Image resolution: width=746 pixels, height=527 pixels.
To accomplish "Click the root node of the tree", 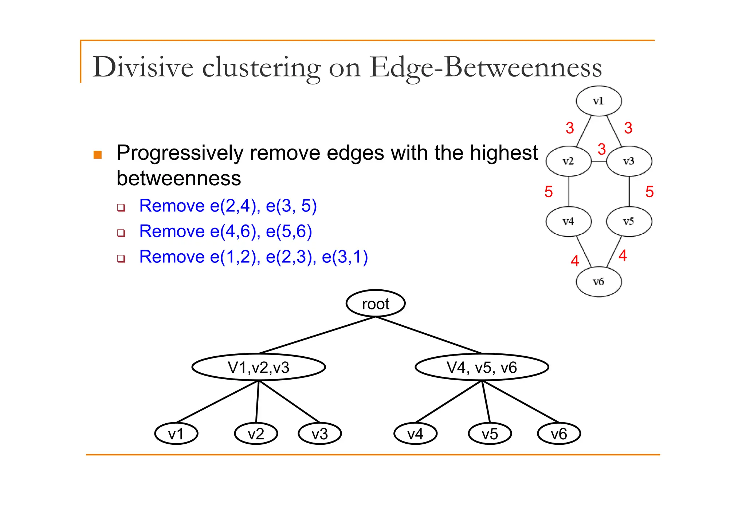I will tap(375, 304).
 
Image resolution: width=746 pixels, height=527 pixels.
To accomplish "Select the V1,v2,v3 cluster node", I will tap(258, 367).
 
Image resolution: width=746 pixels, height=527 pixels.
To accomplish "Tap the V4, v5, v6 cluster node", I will tap(482, 367).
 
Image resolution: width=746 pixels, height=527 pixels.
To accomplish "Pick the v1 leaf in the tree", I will tap(176, 434).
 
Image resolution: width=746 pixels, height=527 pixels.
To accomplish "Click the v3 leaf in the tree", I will tap(319, 434).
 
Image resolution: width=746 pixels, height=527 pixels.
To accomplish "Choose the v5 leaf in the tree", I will tap(490, 434).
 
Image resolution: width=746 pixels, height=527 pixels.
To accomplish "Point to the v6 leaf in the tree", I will tap(559, 434).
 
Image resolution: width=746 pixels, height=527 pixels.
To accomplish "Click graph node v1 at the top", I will tap(598, 101).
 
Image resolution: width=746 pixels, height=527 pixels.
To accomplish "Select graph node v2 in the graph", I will tap(568, 161).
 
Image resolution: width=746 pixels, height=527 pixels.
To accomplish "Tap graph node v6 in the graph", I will tap(598, 282).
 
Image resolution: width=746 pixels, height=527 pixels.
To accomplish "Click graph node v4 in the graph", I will tap(568, 221).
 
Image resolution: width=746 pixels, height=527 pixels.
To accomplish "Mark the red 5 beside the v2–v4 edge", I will tap(549, 192).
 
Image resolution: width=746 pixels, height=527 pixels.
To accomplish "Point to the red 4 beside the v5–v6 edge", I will tap(623, 255).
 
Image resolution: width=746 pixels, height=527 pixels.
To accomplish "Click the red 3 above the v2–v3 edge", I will tap(601, 149).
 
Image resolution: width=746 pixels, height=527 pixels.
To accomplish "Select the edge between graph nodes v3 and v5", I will tap(629, 191).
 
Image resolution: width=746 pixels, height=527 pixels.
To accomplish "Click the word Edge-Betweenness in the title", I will tap(485, 67).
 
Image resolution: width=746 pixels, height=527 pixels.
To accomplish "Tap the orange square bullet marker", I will tap(98, 155).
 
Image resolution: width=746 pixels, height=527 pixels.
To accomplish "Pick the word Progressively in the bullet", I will tap(180, 153).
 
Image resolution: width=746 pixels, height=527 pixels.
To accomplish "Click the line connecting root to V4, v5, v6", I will tap(429, 335).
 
